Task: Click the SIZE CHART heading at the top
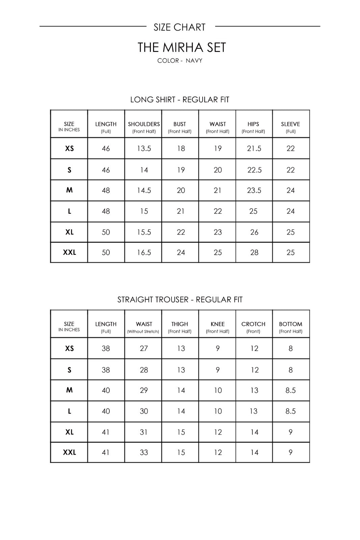(179, 27)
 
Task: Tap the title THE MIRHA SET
(181, 48)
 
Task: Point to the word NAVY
(194, 61)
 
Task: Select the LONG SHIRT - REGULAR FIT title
(180, 100)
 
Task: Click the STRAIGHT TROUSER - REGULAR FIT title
(180, 300)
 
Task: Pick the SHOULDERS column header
(144, 124)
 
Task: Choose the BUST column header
(180, 124)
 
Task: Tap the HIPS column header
(253, 124)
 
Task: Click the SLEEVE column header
(290, 124)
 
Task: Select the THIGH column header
(180, 324)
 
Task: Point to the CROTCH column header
(253, 324)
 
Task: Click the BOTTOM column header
(290, 324)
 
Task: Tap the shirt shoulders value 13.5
(144, 148)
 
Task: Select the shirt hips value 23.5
(254, 190)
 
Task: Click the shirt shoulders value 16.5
(144, 252)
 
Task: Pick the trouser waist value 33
(144, 452)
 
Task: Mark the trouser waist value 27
(144, 348)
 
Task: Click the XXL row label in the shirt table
(70, 252)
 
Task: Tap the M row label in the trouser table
(70, 390)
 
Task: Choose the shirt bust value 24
(181, 252)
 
